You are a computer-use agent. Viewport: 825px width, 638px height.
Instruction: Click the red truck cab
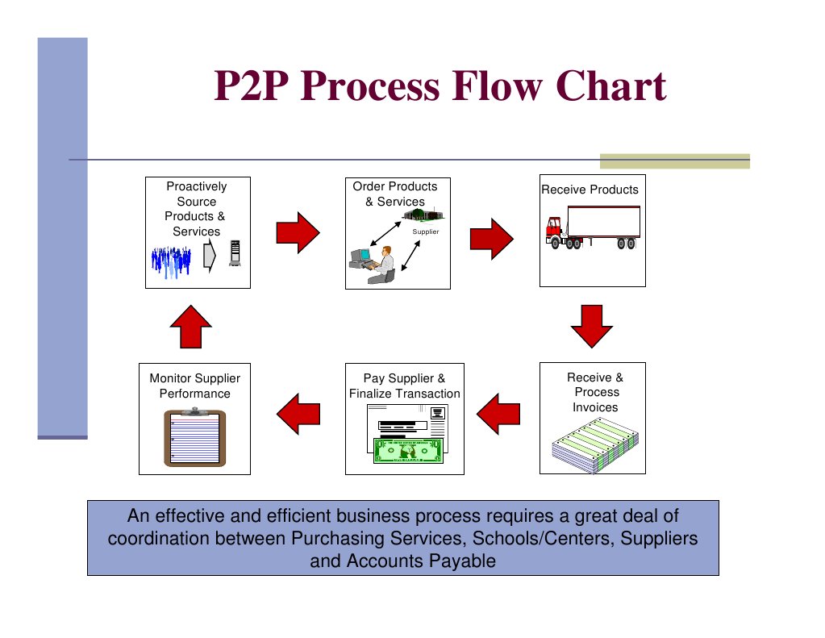[553, 230]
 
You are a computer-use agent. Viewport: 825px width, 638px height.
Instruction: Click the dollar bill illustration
[408, 450]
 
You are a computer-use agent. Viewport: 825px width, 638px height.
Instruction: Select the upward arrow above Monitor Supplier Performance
[191, 326]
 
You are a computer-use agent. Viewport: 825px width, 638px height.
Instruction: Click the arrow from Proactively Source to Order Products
[298, 233]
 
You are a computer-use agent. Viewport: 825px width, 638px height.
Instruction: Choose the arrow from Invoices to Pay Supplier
[498, 413]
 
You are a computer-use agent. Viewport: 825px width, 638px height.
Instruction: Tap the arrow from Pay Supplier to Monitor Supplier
[298, 413]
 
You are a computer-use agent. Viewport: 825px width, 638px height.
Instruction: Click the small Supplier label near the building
[425, 232]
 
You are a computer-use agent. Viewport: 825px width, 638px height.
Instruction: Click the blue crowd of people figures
[171, 261]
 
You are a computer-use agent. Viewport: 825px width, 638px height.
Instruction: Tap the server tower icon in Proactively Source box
[235, 255]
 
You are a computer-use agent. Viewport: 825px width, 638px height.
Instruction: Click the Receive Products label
[590, 190]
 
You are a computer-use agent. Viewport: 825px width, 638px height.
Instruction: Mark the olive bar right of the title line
[674, 161]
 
